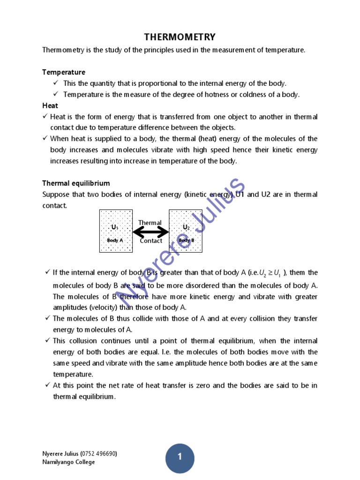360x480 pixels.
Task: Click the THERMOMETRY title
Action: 180,37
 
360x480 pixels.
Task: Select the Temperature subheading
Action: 64,72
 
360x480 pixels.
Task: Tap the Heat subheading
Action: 50,106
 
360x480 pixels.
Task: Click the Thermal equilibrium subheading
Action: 76,183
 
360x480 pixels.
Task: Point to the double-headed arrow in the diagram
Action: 150,232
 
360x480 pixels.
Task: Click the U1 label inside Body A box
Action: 115,227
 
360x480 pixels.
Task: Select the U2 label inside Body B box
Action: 186,227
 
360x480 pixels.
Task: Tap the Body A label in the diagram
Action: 115,240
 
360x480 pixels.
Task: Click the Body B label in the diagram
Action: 186,240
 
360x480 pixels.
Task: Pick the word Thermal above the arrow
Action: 150,223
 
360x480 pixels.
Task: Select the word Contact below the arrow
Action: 151,241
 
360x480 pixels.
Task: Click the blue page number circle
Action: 180,457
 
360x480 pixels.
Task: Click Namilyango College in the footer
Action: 68,462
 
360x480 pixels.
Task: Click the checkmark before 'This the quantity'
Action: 56,83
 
